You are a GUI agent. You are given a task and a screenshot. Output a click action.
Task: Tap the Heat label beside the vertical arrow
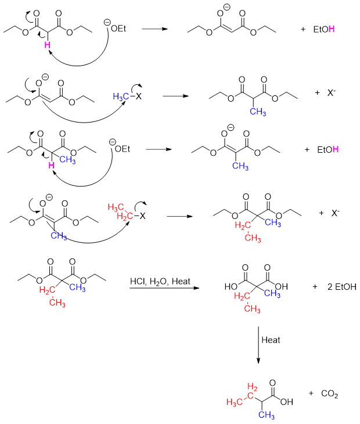pyautogui.click(x=271, y=340)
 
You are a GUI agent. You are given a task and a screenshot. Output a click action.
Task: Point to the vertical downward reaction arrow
pyautogui.click(x=258, y=345)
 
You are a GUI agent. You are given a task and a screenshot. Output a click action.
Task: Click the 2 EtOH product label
pyautogui.click(x=341, y=287)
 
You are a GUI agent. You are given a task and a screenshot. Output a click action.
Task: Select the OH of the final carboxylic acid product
pyautogui.click(x=287, y=401)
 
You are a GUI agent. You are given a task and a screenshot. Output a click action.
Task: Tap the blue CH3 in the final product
pyautogui.click(x=267, y=414)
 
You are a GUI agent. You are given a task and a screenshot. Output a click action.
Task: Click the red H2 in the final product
pyautogui.click(x=253, y=387)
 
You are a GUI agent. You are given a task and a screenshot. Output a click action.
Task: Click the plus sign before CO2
pyautogui.click(x=311, y=394)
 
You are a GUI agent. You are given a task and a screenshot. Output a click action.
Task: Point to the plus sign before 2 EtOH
pyautogui.click(x=315, y=287)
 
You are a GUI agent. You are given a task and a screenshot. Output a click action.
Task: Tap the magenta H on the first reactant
pyautogui.click(x=49, y=44)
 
